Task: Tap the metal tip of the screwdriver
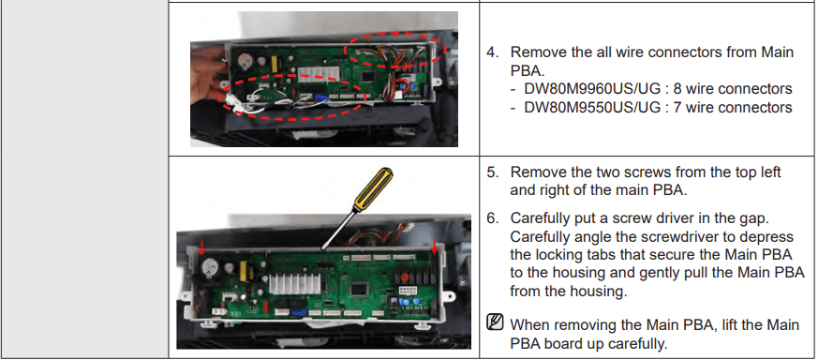(323, 247)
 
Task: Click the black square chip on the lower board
(359, 289)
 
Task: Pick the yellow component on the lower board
(244, 271)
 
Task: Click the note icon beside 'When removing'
(495, 322)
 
